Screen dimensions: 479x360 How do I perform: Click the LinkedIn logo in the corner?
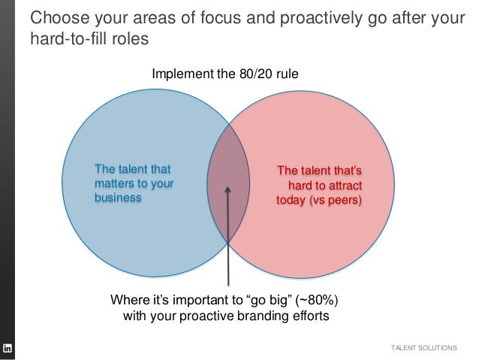coord(8,347)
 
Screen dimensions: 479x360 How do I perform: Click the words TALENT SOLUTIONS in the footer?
coord(424,347)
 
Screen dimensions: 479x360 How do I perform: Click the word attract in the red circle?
coord(352,185)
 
